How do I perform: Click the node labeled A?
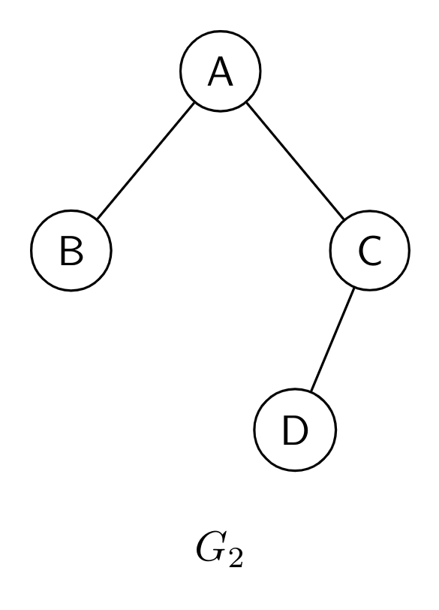pos(221,71)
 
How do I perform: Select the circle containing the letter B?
pos(71,250)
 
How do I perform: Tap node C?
pos(369,250)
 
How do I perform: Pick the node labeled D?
pos(295,430)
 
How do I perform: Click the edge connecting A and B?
pos(146,161)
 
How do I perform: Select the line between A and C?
pos(295,161)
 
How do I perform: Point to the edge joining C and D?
pos(332,340)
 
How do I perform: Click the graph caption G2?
pos(220,551)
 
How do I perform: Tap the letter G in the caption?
pos(212,548)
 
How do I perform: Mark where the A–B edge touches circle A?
pos(194,103)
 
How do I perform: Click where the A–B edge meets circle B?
pos(97,219)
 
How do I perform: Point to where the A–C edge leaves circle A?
pos(247,103)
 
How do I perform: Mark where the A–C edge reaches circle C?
pos(344,219)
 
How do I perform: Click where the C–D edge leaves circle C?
pos(354,288)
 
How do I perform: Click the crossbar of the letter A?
pos(221,77)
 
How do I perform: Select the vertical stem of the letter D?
pos(286,430)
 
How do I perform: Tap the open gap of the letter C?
pos(377,251)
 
